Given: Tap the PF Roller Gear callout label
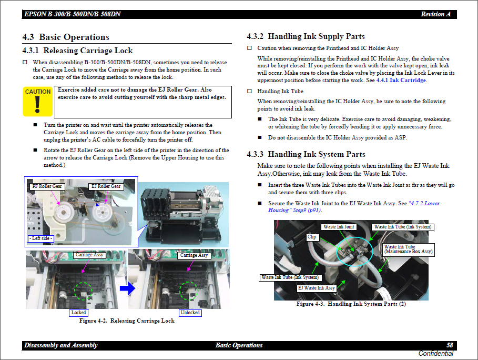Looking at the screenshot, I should click(47, 186).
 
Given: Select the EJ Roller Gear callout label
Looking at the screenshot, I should click(106, 186).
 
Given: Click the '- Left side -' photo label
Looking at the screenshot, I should click(42, 238).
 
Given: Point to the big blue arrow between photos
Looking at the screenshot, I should click(128, 288).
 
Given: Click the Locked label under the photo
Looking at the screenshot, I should click(78, 313).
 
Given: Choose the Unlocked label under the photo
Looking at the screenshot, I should click(190, 313).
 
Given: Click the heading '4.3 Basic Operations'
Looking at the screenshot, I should click(66, 37).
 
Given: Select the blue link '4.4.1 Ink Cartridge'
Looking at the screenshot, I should click(401, 81).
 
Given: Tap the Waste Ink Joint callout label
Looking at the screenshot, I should click(339, 227).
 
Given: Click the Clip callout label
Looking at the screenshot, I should click(312, 237).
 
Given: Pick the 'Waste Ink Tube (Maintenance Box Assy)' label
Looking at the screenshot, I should click(408, 249).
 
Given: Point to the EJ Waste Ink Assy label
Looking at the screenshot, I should click(317, 288).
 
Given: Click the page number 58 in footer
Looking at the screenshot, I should click(450, 345).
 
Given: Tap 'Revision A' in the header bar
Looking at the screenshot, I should click(435, 14).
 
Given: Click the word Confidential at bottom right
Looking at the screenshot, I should click(435, 354).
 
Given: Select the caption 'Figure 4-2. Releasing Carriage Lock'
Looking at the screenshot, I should click(127, 321).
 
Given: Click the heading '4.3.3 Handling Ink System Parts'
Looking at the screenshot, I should click(306, 154).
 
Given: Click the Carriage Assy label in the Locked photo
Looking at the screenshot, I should click(90, 255).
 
